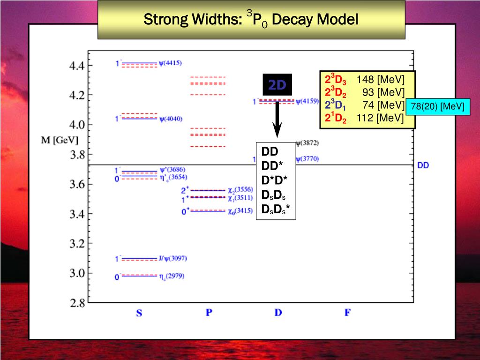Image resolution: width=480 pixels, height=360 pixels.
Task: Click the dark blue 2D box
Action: click(277, 85)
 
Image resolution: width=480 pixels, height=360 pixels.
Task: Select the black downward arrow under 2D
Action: click(277, 120)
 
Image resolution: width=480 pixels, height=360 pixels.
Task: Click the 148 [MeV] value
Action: click(380, 79)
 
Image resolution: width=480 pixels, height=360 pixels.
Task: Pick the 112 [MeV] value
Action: click(380, 118)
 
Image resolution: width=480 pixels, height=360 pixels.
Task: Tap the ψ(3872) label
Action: click(307, 142)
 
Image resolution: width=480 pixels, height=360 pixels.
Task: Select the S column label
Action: click(139, 313)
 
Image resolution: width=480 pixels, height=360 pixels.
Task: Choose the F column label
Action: click(347, 312)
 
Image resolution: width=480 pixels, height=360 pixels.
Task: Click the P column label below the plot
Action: click(209, 312)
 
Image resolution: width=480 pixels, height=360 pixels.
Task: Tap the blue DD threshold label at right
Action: click(423, 165)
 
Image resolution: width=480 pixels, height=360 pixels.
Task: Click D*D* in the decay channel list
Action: click(275, 181)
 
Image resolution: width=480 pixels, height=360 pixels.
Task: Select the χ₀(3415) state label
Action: click(240, 211)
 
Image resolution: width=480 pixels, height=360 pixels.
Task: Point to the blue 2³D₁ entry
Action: click(336, 105)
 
